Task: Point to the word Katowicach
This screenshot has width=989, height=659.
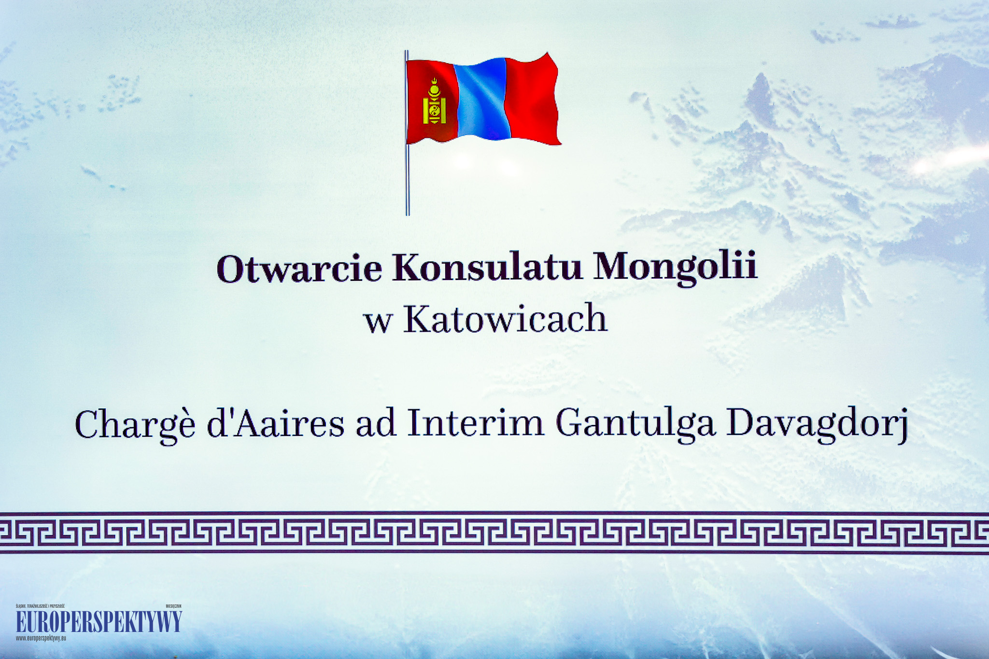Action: tap(505, 318)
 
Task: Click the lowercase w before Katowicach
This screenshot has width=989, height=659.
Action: tap(377, 323)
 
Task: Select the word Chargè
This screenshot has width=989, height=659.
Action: tap(135, 424)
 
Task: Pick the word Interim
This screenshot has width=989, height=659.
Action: tap(476, 422)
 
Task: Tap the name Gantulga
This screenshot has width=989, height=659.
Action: tap(635, 424)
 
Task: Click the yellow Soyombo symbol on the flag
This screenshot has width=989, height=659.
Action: tap(434, 102)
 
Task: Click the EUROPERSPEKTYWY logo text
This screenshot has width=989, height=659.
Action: tap(99, 621)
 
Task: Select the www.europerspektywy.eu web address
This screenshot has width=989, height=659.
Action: tap(41, 638)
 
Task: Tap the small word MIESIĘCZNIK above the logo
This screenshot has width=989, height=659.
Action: tap(174, 605)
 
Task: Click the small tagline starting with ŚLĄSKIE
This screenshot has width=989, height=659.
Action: tap(40, 605)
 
